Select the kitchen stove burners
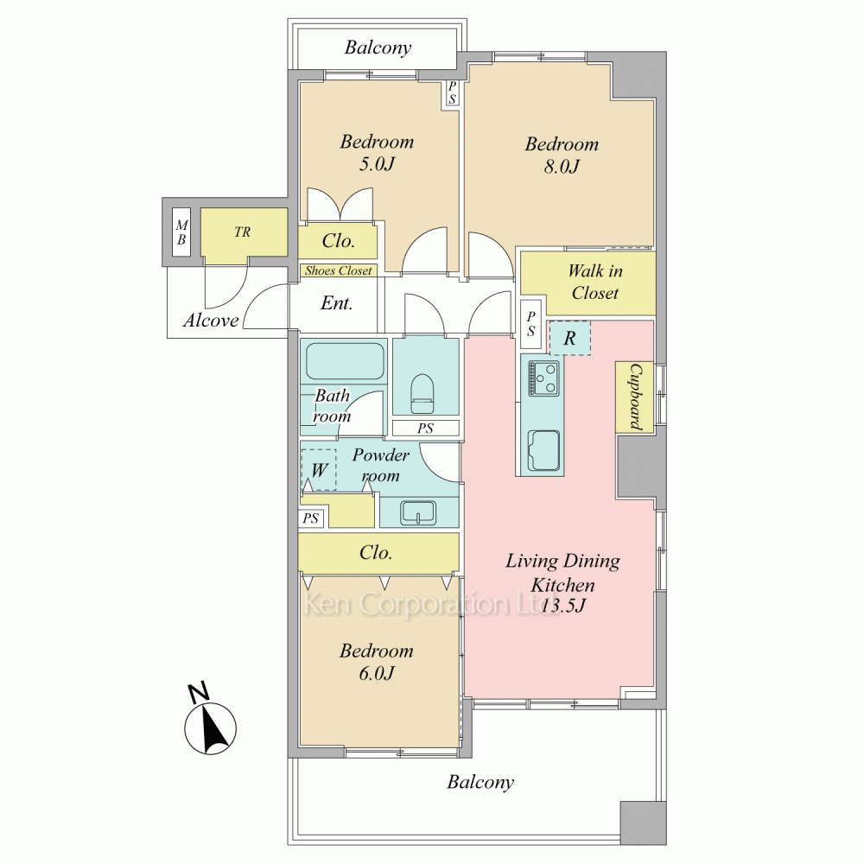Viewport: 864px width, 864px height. (543, 378)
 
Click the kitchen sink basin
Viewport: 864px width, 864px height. (543, 449)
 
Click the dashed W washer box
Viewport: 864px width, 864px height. (319, 470)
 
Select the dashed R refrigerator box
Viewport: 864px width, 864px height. (569, 338)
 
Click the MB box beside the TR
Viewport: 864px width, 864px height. (181, 232)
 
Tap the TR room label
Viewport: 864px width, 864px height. (242, 232)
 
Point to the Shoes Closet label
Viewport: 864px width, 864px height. (338, 271)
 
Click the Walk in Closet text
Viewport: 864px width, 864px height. (594, 283)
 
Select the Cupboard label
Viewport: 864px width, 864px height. (633, 397)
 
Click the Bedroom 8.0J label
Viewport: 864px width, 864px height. (561, 156)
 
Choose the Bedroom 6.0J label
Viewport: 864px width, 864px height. (376, 662)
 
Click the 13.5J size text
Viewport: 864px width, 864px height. (563, 606)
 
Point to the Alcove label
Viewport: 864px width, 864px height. (211, 321)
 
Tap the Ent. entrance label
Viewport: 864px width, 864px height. (336, 304)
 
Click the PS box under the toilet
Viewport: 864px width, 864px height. (425, 429)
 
